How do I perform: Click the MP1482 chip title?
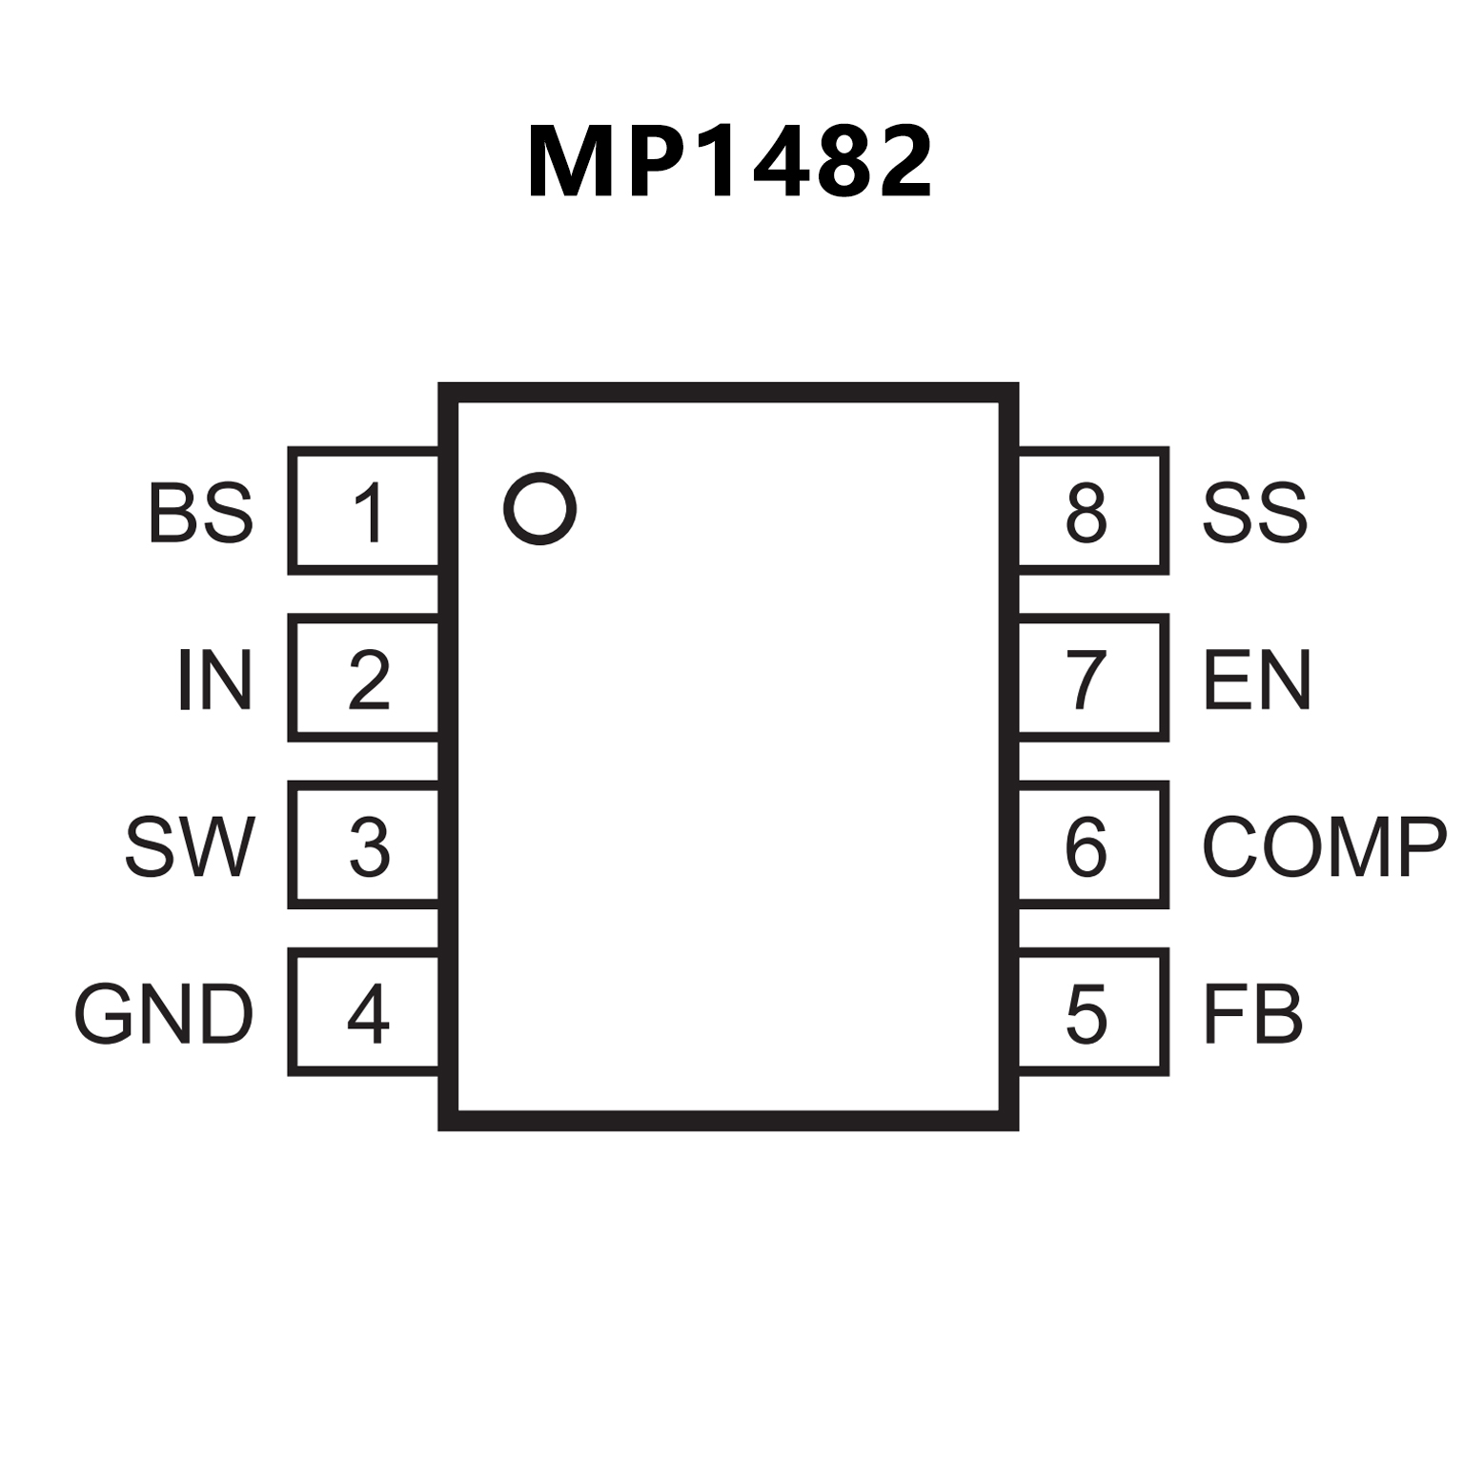click(730, 163)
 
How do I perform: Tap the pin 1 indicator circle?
click(539, 509)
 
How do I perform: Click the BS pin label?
click(201, 513)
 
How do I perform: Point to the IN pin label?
click(215, 680)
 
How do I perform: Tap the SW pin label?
click(191, 846)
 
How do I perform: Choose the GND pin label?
click(164, 1014)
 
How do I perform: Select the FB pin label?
click(1252, 1014)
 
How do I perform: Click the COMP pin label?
click(1324, 846)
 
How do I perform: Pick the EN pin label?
click(1257, 680)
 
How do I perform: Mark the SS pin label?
click(1254, 513)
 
